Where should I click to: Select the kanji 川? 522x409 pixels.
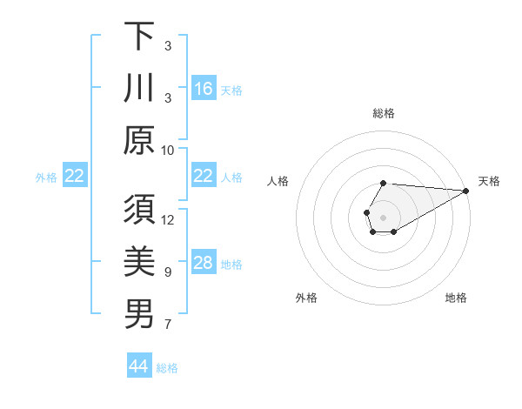(139, 88)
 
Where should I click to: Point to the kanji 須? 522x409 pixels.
(139, 209)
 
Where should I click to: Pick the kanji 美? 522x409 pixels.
(139, 262)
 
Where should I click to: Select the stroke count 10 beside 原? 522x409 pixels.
(168, 150)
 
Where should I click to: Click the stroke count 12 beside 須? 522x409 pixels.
(168, 219)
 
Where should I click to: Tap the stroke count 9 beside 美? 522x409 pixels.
(168, 272)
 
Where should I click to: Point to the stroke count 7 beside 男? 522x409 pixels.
(168, 325)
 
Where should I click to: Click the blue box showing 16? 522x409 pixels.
(204, 89)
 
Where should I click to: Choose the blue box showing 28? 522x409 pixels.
(204, 263)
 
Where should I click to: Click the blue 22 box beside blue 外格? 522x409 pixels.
(75, 177)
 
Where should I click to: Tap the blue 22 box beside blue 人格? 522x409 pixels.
(204, 177)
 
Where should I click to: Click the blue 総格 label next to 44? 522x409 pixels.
(167, 367)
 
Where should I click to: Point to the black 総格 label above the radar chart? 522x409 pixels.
(384, 113)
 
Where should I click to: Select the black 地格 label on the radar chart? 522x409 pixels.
(456, 298)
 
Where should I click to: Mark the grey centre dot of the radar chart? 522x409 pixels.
(383, 216)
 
